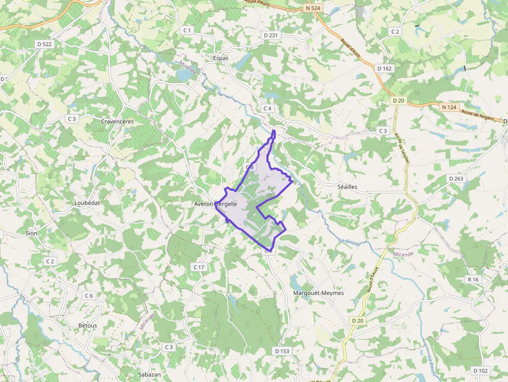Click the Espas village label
[220, 59]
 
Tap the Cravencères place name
[117, 121]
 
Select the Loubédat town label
[87, 203]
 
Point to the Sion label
[32, 233]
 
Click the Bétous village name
[88, 326]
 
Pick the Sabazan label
[149, 374]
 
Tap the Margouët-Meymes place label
[318, 293]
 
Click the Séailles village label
[347, 187]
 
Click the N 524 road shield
[314, 8]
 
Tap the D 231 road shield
[271, 35]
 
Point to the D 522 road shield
[45, 44]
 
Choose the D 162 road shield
[385, 68]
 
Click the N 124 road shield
[449, 107]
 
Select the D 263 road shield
[456, 179]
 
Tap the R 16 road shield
[473, 279]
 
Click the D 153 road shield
[282, 351]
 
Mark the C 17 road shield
[199, 267]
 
